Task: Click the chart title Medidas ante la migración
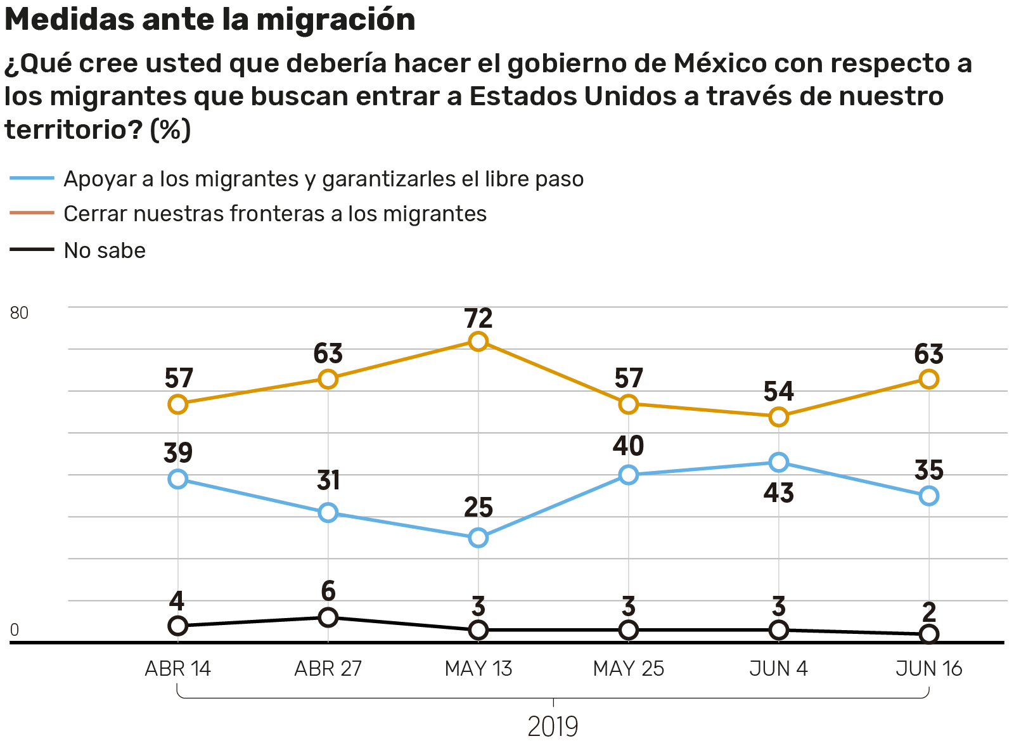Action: [x=210, y=19]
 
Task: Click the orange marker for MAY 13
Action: [x=478, y=341]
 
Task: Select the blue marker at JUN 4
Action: [x=778, y=462]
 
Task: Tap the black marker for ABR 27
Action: [x=328, y=617]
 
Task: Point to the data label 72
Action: [x=478, y=318]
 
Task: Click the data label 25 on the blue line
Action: [x=478, y=508]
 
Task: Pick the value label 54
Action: [x=778, y=392]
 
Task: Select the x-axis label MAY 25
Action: [x=628, y=669]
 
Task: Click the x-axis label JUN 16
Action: [x=928, y=669]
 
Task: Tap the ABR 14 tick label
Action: [x=178, y=669]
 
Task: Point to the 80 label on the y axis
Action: [x=19, y=313]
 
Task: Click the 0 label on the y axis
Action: [x=15, y=630]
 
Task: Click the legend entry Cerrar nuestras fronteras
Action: [x=275, y=214]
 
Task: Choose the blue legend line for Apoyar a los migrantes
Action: [x=32, y=178]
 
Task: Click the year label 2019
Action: [x=553, y=727]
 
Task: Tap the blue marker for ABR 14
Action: [x=178, y=479]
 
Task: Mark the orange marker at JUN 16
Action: [x=928, y=379]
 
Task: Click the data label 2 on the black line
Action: [x=928, y=612]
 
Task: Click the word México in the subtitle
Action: [x=717, y=63]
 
